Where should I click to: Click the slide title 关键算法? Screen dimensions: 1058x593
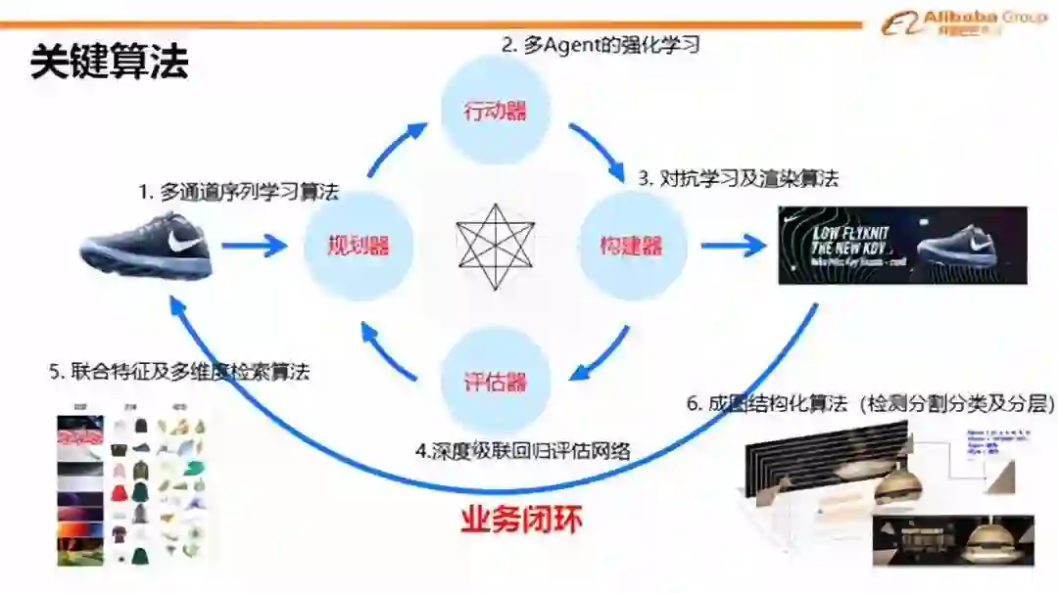pos(109,63)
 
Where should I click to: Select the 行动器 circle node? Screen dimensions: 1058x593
pos(495,110)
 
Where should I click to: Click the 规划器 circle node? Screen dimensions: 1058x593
pos(358,245)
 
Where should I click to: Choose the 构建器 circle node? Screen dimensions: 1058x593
pos(631,245)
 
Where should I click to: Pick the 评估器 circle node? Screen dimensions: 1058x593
pos(495,381)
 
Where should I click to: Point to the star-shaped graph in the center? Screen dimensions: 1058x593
pos(495,247)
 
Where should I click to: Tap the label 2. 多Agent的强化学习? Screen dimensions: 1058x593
pos(601,44)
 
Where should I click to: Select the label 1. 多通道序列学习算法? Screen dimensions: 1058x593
pos(238,192)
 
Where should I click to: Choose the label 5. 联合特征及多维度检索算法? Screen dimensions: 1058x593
pos(179,372)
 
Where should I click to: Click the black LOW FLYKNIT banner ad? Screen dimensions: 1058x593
pos(902,245)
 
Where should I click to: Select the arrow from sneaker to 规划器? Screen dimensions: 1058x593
pos(254,245)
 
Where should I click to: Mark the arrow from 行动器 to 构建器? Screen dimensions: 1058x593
pos(597,149)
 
